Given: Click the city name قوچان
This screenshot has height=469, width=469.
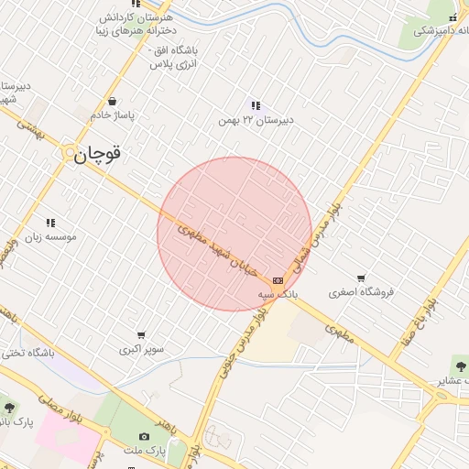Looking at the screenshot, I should [97, 155].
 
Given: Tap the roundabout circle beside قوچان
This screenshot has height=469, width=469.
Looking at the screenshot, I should [70, 155].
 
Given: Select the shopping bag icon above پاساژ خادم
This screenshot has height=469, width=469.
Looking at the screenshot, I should [112, 102].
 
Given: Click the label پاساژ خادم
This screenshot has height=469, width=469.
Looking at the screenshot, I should [112, 115].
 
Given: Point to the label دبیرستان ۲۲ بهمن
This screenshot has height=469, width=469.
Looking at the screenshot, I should [254, 120].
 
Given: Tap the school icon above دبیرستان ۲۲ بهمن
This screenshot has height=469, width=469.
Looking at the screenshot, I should [255, 105].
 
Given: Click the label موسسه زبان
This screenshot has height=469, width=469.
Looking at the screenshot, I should [49, 236].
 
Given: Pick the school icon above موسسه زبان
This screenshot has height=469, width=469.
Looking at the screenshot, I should [50, 223].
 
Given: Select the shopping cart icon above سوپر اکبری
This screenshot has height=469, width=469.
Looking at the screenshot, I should [141, 335].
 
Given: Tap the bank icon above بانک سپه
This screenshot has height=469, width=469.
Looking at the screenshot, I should [278, 280].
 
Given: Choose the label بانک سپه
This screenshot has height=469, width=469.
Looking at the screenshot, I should [278, 294].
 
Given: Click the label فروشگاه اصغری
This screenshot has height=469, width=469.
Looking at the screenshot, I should [361, 292].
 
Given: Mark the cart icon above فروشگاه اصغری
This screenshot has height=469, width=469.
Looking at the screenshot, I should [361, 278].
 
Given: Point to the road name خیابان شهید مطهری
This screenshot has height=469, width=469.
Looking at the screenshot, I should [217, 251].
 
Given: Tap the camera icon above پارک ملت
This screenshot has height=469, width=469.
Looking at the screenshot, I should [144, 437].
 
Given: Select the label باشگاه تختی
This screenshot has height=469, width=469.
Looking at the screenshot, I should [28, 352].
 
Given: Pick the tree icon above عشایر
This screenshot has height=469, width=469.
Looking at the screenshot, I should [458, 365].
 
